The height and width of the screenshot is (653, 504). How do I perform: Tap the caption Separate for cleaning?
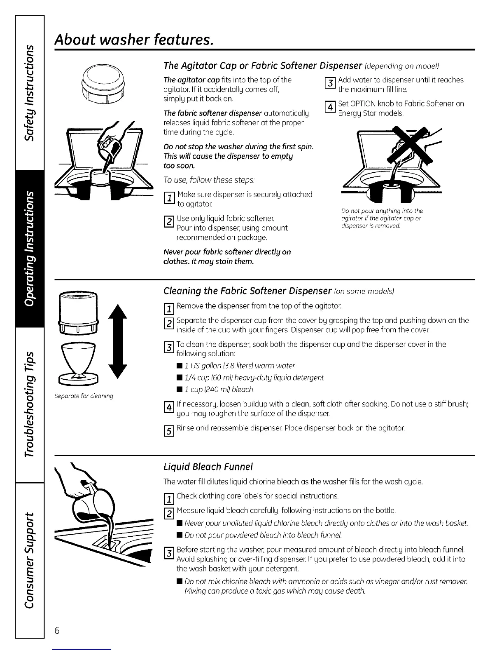[84, 396]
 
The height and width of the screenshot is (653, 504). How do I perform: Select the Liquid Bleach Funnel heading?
[208, 467]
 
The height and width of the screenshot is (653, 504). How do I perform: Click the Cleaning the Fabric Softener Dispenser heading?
[247, 291]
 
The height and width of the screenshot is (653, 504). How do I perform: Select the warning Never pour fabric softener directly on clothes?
[227, 257]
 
